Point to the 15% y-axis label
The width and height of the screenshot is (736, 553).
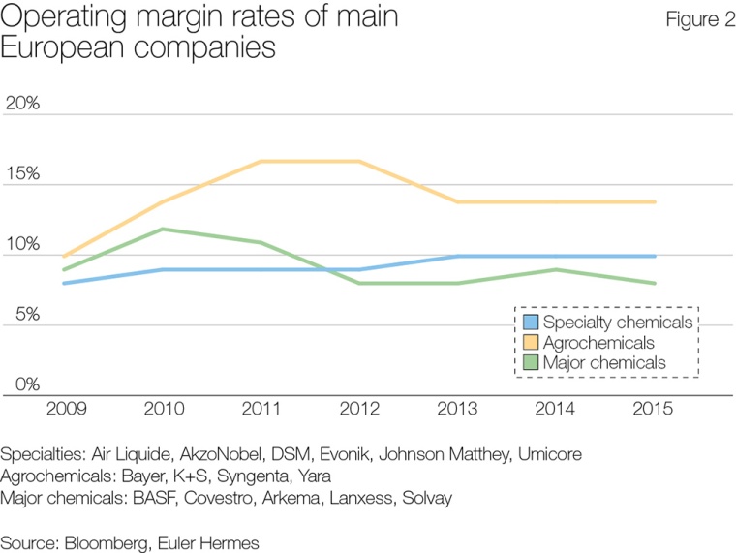click(22, 175)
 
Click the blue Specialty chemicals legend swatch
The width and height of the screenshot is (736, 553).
click(531, 322)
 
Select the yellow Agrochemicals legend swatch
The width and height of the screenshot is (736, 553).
click(531, 342)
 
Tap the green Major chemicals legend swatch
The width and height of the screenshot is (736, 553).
click(531, 362)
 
